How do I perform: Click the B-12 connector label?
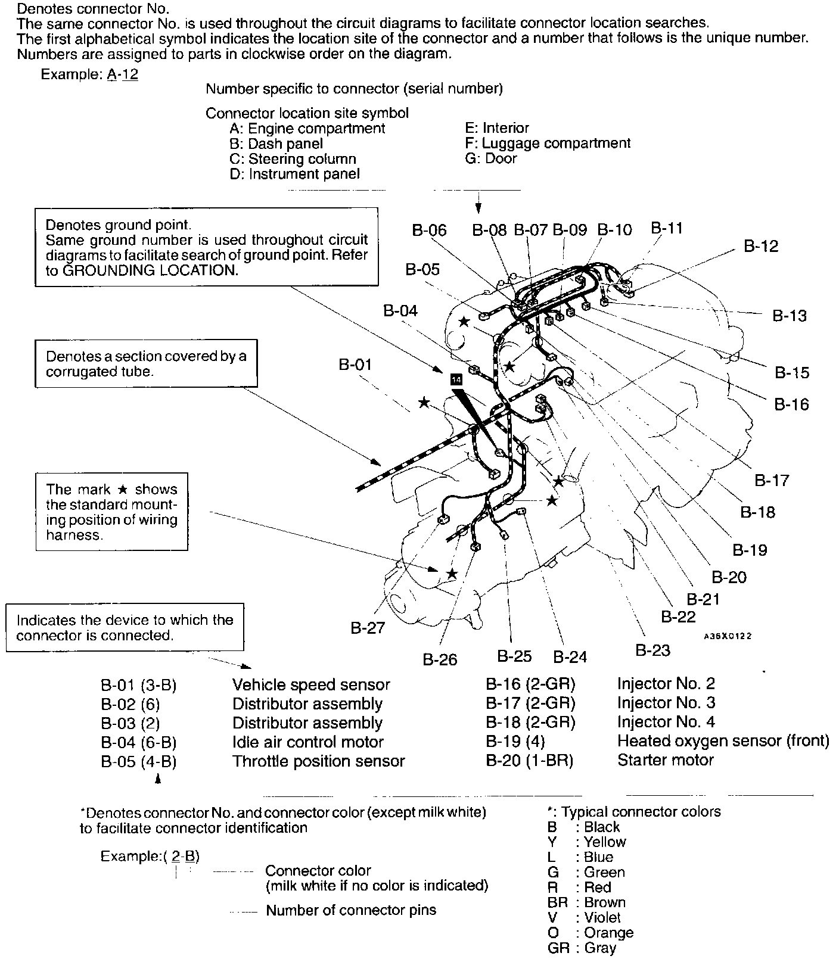pos(761,247)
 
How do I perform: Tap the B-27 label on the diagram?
pos(367,628)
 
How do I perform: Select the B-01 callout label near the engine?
pos(355,365)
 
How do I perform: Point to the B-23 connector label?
pos(652,650)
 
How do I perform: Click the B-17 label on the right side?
pos(772,480)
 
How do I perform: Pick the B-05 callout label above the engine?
pos(422,270)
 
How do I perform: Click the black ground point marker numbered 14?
pos(456,379)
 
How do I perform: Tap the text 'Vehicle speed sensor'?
pos(311,685)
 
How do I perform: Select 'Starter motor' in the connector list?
pos(665,761)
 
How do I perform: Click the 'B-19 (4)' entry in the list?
pos(515,742)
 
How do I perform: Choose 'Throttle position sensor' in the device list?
pos(318,761)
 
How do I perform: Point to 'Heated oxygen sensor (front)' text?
pos(723,741)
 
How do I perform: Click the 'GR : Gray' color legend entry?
pos(582,948)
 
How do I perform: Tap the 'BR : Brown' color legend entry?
pos(586,902)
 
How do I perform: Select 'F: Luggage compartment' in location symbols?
pos(547,144)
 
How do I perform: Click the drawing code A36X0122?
pos(727,636)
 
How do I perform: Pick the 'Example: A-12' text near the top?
pos(89,75)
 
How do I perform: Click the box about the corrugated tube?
pos(146,364)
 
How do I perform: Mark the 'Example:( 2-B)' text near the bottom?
pos(150,857)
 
